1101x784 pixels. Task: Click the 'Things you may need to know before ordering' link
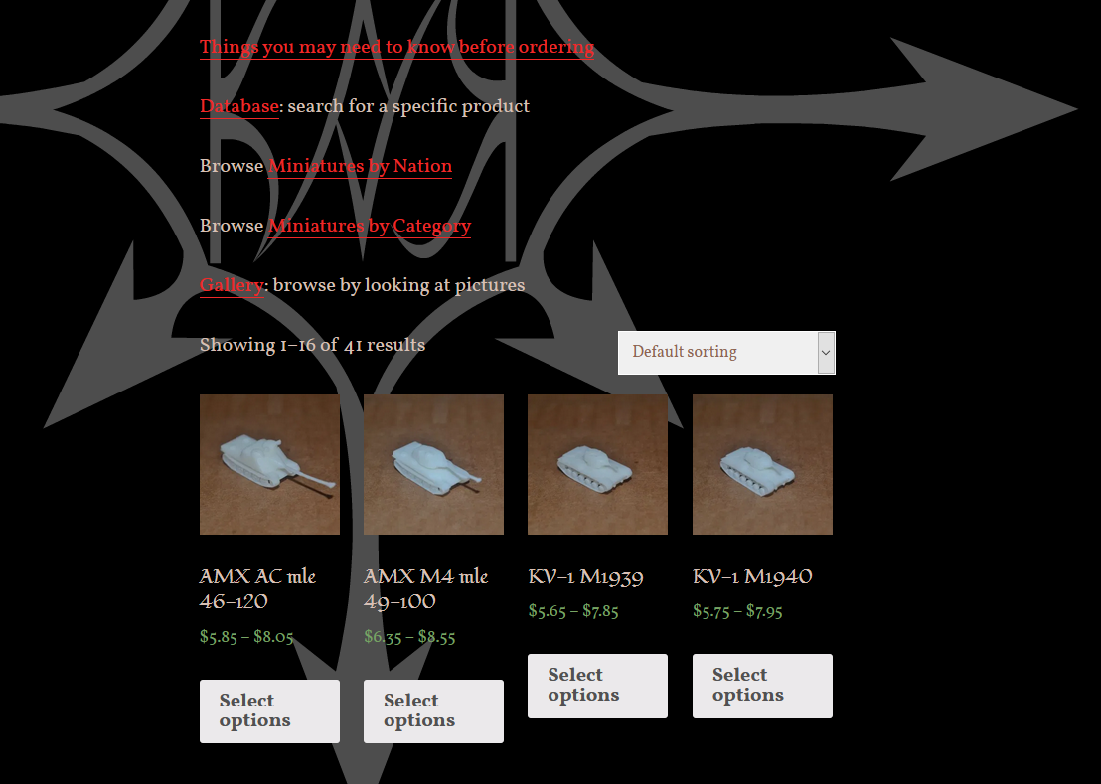pyautogui.click(x=396, y=48)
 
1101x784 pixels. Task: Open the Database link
pyautogui.click(x=239, y=106)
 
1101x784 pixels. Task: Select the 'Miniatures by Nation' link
pyautogui.click(x=360, y=166)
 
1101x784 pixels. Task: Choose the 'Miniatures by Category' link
pyautogui.click(x=370, y=226)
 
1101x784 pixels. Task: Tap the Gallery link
pyautogui.click(x=232, y=285)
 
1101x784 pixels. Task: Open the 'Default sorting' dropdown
pyautogui.click(x=726, y=353)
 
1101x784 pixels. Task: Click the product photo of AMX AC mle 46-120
pyautogui.click(x=269, y=465)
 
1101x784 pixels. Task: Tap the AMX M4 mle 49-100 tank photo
pyautogui.click(x=433, y=465)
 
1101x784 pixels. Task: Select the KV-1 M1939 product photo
pyautogui.click(x=597, y=465)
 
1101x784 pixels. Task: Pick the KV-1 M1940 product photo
pyautogui.click(x=762, y=465)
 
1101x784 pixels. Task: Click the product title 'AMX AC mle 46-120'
pyautogui.click(x=257, y=589)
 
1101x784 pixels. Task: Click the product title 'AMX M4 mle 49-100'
pyautogui.click(x=425, y=589)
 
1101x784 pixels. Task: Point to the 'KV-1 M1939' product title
pyautogui.click(x=585, y=577)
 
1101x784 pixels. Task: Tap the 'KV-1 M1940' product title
pyautogui.click(x=752, y=577)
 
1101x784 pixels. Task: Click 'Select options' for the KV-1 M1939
pyautogui.click(x=597, y=686)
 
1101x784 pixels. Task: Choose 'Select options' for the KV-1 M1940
pyautogui.click(x=762, y=686)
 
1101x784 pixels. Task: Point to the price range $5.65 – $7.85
pyautogui.click(x=573, y=611)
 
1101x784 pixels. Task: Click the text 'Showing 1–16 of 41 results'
pyautogui.click(x=312, y=346)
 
